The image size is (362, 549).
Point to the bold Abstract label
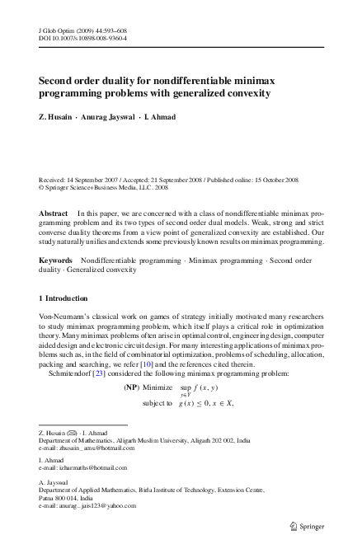(x=54, y=213)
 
